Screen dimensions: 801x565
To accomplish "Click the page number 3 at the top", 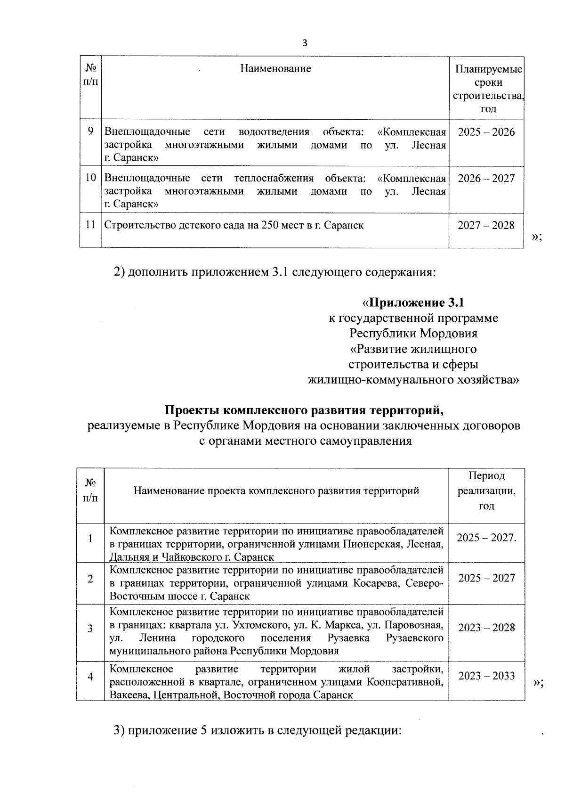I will coord(304,43).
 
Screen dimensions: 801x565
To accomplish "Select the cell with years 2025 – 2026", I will coord(486,132).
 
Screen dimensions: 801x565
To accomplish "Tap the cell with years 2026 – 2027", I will coord(486,178).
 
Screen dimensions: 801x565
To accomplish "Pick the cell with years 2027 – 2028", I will coord(486,225).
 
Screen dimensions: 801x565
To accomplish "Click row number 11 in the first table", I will coord(90,225).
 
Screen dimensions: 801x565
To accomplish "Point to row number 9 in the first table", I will coord(90,131).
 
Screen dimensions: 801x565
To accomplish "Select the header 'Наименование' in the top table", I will coord(275,69).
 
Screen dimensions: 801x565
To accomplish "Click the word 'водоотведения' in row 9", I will coord(274,131).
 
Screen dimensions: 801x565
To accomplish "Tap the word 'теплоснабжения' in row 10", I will coord(274,178).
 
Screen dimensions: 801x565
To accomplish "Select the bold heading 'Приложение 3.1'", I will coord(416,302).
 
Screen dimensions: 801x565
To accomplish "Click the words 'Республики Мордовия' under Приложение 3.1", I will coord(413,334).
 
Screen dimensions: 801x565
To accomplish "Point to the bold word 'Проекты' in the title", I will coord(190,410).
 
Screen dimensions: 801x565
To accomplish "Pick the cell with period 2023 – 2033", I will coord(486,676).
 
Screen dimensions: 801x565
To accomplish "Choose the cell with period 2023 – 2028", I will coord(486,628).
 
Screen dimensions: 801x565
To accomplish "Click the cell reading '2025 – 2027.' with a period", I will coord(486,538).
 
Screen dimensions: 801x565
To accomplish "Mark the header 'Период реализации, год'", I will coord(486,490).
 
